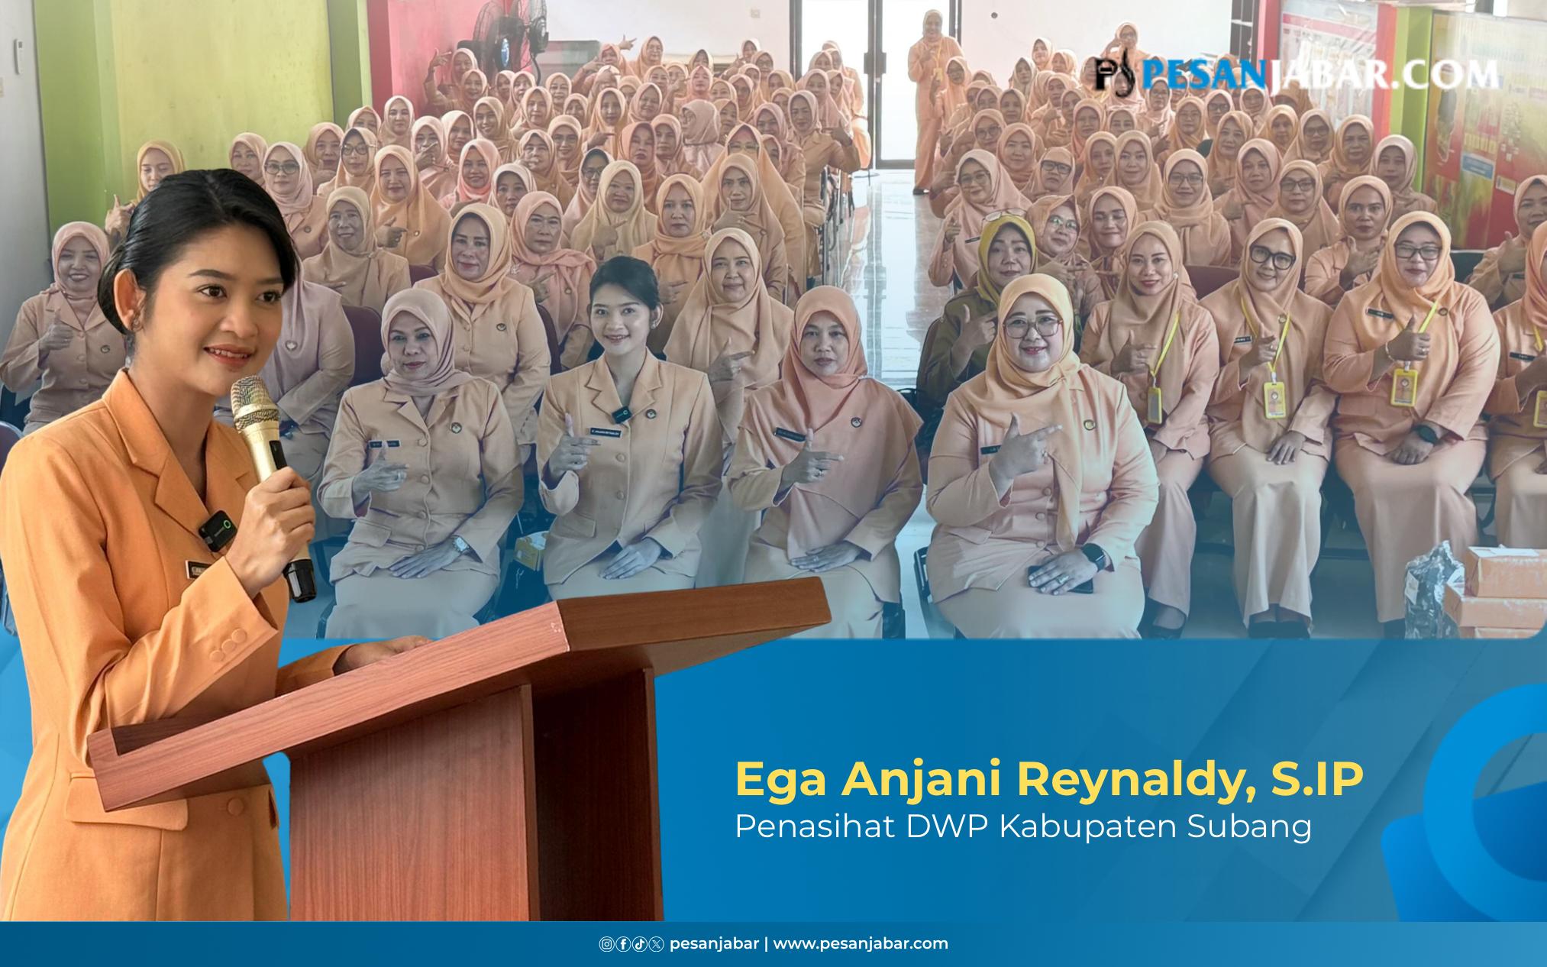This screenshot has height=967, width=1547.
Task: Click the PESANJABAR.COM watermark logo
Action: (1295, 73)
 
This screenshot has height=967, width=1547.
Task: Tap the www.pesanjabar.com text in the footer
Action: (861, 943)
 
